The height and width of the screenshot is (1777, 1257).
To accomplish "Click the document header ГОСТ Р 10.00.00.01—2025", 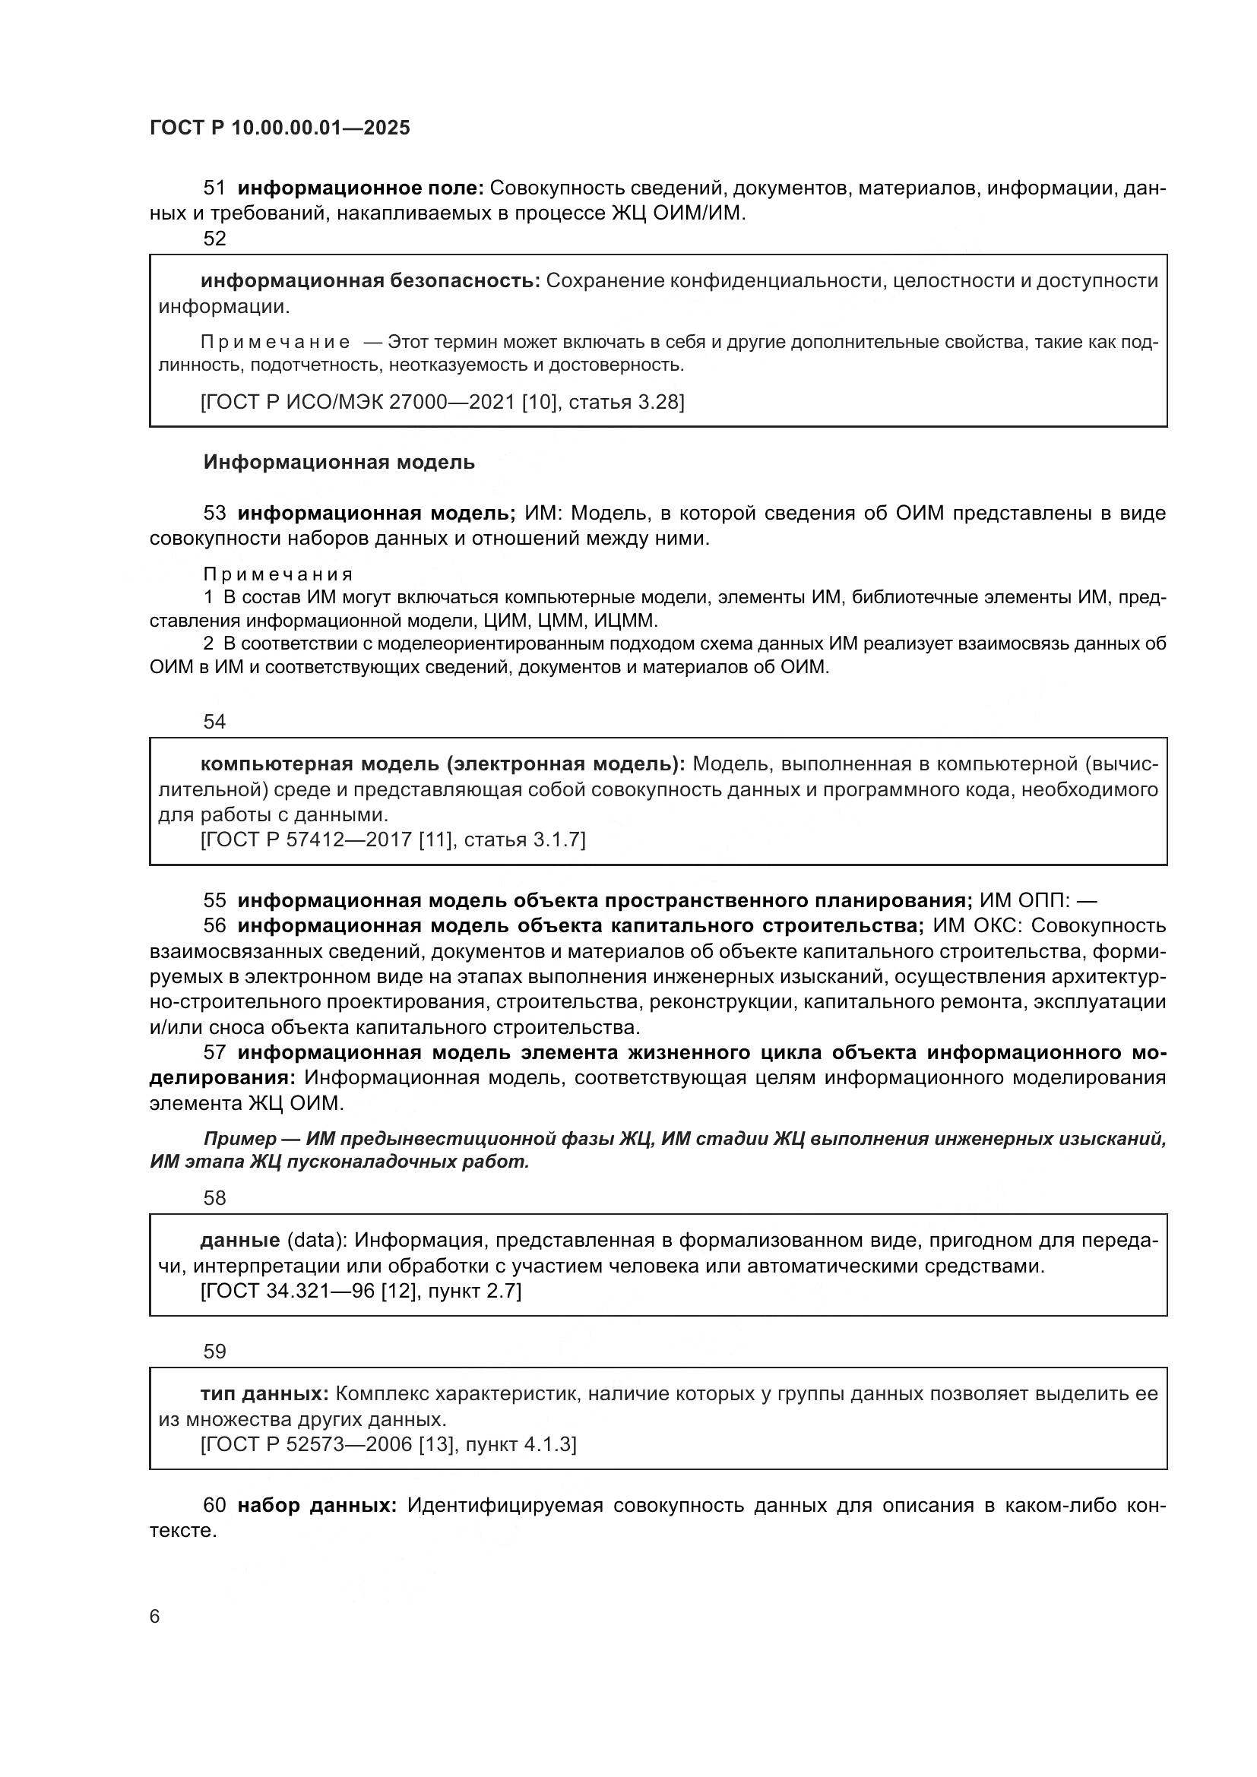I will (x=280, y=128).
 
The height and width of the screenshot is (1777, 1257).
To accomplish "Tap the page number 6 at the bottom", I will (x=155, y=1616).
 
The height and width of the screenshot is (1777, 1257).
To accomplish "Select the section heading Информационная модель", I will (x=339, y=463).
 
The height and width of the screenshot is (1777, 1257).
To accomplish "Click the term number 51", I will (x=214, y=188).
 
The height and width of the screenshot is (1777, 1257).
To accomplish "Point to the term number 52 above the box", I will (x=214, y=239).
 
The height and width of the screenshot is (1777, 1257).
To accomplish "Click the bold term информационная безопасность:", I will (x=370, y=281).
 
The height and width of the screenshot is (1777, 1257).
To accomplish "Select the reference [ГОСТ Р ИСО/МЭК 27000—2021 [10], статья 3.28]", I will (x=442, y=402).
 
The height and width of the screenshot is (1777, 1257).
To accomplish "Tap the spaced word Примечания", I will (x=278, y=574).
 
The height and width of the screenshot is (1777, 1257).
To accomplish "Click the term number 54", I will (x=214, y=722).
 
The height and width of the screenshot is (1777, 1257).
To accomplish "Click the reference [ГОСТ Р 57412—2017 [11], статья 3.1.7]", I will (x=393, y=839).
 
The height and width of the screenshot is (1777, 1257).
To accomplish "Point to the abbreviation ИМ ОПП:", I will (x=1024, y=901).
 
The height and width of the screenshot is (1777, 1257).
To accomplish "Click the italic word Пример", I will (x=240, y=1139).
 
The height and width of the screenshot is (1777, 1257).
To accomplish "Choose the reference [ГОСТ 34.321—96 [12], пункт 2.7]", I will (x=361, y=1291).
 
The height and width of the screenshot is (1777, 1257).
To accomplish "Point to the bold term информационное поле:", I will (x=361, y=188).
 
